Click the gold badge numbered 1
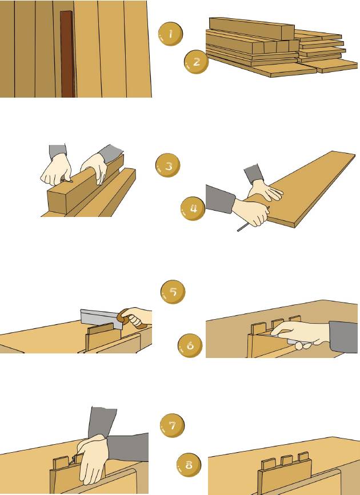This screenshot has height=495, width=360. coord(170,34)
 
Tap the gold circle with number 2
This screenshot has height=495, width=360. coord(196,62)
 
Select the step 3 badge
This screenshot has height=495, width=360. coord(168,166)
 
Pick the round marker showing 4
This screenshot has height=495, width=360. coord(193,209)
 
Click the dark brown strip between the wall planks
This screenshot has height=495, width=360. coord(67,54)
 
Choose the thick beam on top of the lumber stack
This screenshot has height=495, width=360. coord(251,27)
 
